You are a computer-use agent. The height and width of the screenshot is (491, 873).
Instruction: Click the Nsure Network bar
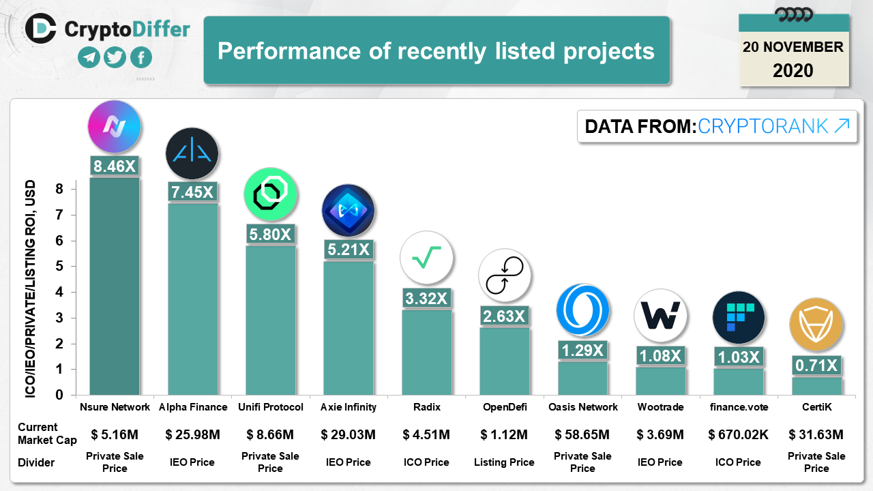[115, 286]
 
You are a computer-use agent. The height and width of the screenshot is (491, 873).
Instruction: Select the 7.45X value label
[192, 192]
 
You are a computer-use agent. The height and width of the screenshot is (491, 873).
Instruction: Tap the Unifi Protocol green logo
[270, 194]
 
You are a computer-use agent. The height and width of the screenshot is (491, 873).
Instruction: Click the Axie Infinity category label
[349, 407]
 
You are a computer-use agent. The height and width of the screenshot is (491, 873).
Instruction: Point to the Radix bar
[426, 352]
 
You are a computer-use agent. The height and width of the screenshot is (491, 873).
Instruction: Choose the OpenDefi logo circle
[504, 276]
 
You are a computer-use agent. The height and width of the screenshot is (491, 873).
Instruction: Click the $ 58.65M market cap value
[582, 434]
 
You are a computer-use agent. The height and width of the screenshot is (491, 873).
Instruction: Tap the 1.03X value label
[738, 356]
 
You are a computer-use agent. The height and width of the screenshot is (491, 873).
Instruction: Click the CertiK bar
[816, 386]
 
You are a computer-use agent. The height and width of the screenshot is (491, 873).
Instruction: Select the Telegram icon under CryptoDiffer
[89, 57]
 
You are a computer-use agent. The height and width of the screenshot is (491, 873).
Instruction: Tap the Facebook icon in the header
[141, 57]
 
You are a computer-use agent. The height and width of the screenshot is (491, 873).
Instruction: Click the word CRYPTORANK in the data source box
[763, 126]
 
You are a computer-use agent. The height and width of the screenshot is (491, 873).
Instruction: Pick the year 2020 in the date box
[793, 70]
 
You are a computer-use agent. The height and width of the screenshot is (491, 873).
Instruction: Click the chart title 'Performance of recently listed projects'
[436, 51]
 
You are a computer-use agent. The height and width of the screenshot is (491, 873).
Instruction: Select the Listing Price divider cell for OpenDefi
[504, 462]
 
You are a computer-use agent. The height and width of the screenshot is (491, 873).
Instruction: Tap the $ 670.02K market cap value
[738, 434]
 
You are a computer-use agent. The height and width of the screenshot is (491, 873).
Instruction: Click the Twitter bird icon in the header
[115, 57]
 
